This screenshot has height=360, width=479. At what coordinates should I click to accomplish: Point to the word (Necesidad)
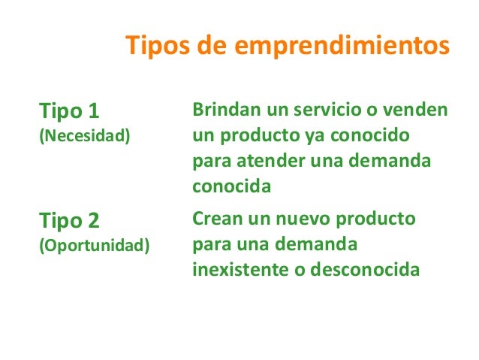coord(83,137)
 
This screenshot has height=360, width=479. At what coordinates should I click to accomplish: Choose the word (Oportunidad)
coord(94,246)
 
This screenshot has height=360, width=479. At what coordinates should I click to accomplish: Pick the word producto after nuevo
coord(375,220)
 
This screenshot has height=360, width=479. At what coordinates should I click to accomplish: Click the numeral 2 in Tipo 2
coord(93,221)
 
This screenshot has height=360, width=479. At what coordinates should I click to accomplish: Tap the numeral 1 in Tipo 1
coord(93,112)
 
